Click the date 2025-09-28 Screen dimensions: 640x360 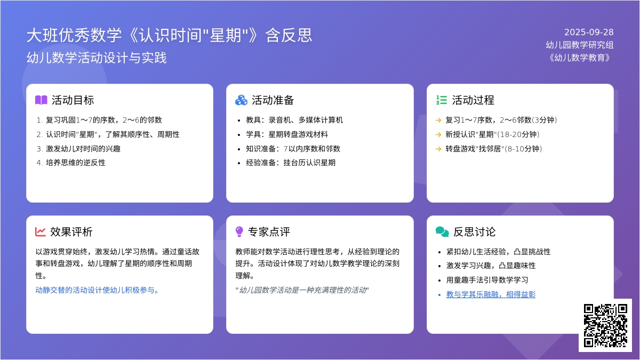pyautogui.click(x=589, y=33)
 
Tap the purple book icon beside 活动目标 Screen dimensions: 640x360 pyautogui.click(x=41, y=100)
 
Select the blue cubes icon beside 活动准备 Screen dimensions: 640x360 pyautogui.click(x=241, y=100)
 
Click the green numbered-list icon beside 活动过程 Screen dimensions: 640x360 pyautogui.click(x=442, y=100)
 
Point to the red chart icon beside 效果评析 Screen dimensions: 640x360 pyautogui.click(x=41, y=231)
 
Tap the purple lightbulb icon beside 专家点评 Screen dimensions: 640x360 pyautogui.click(x=239, y=231)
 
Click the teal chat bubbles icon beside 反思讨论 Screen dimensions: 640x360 pyautogui.click(x=442, y=231)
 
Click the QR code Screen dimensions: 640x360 pyautogui.click(x=605, y=325)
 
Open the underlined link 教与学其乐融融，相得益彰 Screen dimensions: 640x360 pyautogui.click(x=491, y=294)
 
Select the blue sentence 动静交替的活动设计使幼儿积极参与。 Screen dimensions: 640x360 pyautogui.click(x=97, y=290)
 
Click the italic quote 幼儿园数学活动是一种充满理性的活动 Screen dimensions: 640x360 pyautogui.click(x=302, y=290)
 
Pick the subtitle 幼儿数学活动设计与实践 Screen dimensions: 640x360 pyautogui.click(x=97, y=58)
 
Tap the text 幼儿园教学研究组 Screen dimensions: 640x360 pyautogui.click(x=580, y=45)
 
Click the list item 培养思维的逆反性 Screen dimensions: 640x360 pyautogui.click(x=75, y=163)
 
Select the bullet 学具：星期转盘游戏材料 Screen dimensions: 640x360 pyautogui.click(x=287, y=134)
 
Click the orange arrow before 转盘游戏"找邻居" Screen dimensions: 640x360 pyautogui.click(x=438, y=149)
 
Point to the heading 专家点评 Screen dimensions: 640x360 pyautogui.click(x=269, y=231)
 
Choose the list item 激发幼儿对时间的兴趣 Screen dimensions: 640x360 pyautogui.click(x=83, y=149)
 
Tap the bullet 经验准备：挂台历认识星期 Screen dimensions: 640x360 pyautogui.click(x=291, y=163)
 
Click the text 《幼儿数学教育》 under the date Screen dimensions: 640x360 pyautogui.click(x=580, y=58)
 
